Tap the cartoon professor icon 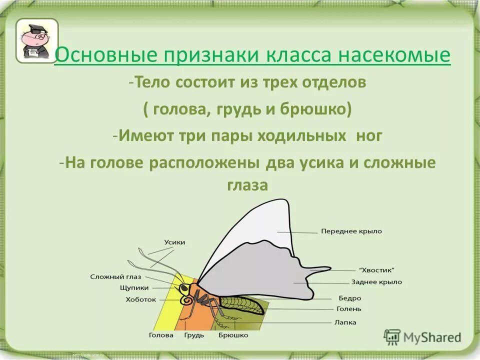tap(36, 40)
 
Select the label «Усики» tap(174, 242)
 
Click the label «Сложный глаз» tap(115, 276)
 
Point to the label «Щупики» tap(133, 288)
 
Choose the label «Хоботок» tap(140, 300)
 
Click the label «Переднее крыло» tap(351, 231)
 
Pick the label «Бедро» tap(349, 298)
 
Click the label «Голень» tap(349, 309)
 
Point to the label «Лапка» tap(345, 322)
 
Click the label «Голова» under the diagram tap(161, 335)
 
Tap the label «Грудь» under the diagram tap(194, 335)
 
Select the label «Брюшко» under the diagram tap(233, 335)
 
